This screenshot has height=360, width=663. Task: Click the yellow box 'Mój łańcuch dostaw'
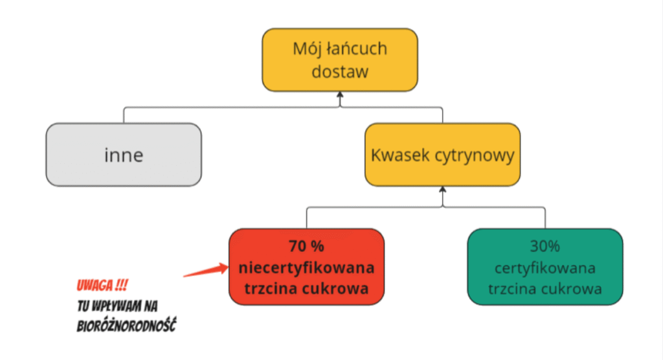[x=339, y=60]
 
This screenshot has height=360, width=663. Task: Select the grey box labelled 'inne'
[x=124, y=155]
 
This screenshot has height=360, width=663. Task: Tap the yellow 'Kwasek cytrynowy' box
[x=442, y=155]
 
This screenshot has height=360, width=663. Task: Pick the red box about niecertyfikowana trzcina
[x=306, y=266]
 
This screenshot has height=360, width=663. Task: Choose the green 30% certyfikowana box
[x=545, y=266]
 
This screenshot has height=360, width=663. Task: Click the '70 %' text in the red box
[x=307, y=247]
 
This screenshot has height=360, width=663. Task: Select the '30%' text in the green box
[x=545, y=247]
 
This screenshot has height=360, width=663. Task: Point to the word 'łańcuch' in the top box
[x=360, y=49]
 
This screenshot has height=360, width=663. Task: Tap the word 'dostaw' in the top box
[x=340, y=71]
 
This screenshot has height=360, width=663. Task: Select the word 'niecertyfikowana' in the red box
[x=306, y=267]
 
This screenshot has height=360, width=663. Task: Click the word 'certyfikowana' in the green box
[x=545, y=267]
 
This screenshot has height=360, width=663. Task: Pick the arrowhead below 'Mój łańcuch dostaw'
[x=339, y=97]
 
